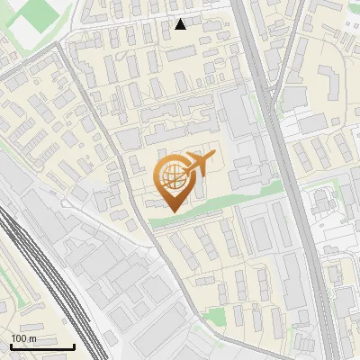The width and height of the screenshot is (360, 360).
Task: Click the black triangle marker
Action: (x=181, y=24)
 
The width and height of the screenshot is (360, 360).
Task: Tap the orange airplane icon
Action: (x=200, y=165)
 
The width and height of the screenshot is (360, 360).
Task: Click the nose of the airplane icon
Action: (x=214, y=157)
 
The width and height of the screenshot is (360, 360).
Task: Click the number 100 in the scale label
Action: (x=19, y=338)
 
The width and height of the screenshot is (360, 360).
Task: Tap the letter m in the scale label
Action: (x=33, y=338)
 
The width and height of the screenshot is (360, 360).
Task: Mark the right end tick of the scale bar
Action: (x=75, y=346)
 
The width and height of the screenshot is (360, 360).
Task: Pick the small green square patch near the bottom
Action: (x=214, y=315)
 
